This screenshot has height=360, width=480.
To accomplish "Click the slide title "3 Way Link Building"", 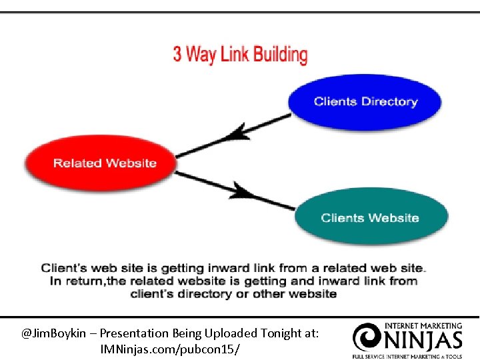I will pos(241,54).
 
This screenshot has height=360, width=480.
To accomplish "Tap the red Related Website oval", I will pos(100,163).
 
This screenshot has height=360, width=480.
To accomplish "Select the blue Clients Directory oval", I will pos(365,102).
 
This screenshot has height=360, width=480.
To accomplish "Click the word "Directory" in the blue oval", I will pos(389,102).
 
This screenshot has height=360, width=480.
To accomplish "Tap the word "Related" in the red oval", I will pos(76,163).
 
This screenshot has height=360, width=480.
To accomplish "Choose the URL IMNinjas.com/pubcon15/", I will pos(170,349).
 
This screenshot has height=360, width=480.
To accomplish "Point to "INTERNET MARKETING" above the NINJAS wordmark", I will pos(423,326).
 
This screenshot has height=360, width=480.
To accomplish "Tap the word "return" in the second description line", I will pos(86,281).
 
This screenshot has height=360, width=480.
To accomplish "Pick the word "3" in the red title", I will pos(177,54).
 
